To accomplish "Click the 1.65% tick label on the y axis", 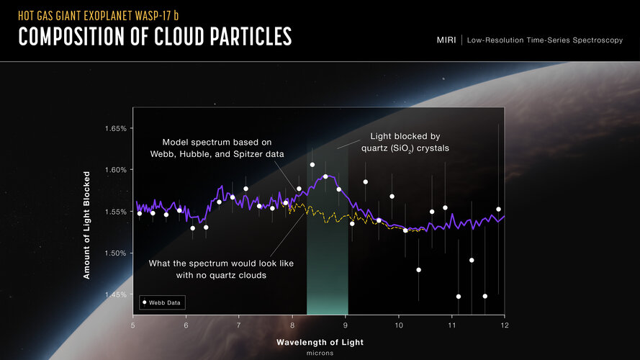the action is [115, 129].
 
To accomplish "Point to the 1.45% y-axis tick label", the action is [115, 294].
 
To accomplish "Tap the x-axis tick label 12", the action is [505, 325].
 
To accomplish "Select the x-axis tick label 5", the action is [133, 325].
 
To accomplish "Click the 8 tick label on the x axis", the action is [292, 325].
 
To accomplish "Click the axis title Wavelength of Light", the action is [320, 343].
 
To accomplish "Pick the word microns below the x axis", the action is [320, 353].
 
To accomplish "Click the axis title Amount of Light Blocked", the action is [86, 225].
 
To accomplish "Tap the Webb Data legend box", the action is [163, 302].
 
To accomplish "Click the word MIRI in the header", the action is [446, 40].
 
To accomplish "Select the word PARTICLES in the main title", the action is [251, 36].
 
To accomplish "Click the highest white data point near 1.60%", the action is [312, 165].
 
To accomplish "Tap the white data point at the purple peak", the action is [325, 176].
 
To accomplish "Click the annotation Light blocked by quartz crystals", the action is [405, 143].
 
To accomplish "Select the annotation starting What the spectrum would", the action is [221, 269].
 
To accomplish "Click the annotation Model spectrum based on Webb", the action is [217, 148].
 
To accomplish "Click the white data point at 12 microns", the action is [498, 210].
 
